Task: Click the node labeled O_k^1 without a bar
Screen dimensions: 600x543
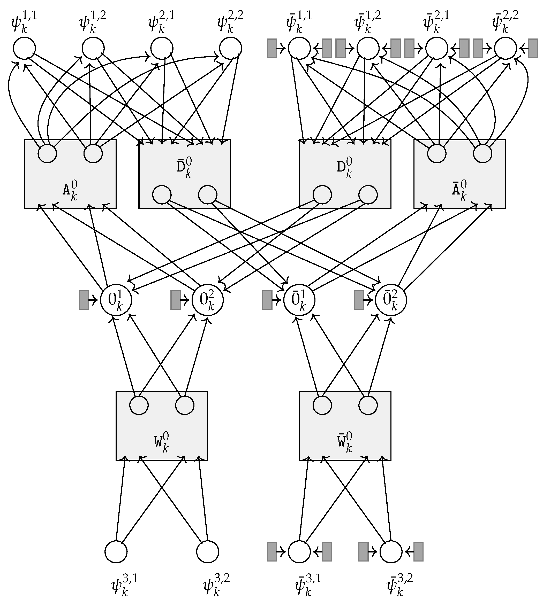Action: click(x=116, y=300)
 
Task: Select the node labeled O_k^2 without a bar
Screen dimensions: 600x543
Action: click(x=207, y=300)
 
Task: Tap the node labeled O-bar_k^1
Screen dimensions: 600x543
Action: click(x=299, y=300)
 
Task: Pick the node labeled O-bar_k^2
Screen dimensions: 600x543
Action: click(x=391, y=300)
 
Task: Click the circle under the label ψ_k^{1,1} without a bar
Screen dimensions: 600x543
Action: click(x=24, y=48)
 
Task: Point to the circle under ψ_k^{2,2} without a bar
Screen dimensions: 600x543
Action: click(x=230, y=48)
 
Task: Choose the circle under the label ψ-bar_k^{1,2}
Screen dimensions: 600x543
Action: click(x=368, y=48)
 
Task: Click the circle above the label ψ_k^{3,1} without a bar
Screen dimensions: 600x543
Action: click(x=116, y=551)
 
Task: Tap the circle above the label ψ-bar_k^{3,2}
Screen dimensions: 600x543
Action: click(x=391, y=551)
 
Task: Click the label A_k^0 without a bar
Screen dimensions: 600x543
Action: click(x=70, y=190)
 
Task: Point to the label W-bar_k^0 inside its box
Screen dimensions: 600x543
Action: click(x=345, y=442)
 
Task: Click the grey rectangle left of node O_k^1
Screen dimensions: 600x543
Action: click(x=84, y=300)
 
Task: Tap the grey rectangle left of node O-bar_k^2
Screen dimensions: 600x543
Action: click(x=359, y=300)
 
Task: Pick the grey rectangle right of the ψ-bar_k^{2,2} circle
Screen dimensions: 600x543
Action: click(x=533, y=48)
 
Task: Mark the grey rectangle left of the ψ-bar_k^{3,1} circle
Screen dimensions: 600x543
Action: click(x=271, y=551)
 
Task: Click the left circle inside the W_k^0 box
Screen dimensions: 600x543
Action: click(x=139, y=405)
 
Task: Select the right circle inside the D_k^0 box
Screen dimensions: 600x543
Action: click(x=368, y=195)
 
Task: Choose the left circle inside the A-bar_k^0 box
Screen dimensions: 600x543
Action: click(x=437, y=154)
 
